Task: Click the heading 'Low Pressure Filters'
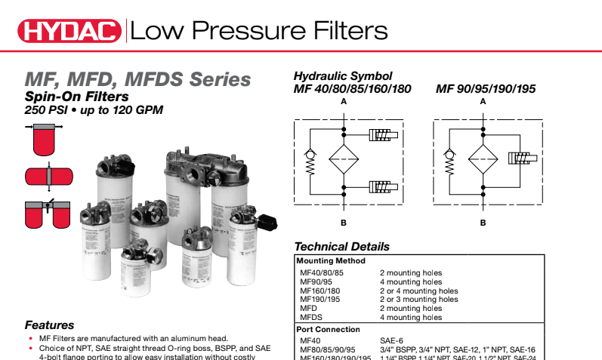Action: click(259, 31)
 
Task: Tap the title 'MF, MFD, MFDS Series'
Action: click(137, 78)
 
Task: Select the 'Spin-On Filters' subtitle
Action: click(77, 96)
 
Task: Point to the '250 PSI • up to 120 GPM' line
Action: click(94, 110)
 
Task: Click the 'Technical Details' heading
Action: click(341, 247)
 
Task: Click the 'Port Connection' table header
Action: click(328, 329)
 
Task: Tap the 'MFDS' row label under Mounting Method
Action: click(310, 318)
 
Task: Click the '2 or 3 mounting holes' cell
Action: click(418, 300)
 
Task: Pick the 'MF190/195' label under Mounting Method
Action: click(320, 300)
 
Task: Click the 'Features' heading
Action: click(50, 325)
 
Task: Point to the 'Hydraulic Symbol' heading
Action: click(342, 76)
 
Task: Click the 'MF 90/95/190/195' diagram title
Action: click(486, 89)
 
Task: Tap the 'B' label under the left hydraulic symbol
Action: click(344, 223)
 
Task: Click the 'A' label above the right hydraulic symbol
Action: click(483, 101)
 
